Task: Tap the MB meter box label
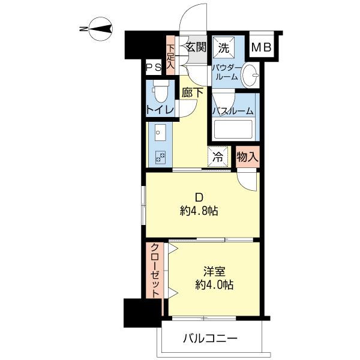[x=262, y=47]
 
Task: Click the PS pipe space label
[x=154, y=67]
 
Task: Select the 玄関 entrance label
[x=196, y=47]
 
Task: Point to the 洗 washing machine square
[x=224, y=48]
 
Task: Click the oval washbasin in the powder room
[x=250, y=75]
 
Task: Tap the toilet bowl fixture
[x=161, y=92]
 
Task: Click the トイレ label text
[x=160, y=110]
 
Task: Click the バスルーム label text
[x=232, y=111]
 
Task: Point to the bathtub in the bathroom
[x=233, y=129]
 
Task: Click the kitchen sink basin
[x=160, y=133]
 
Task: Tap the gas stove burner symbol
[x=160, y=157]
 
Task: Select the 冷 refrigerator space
[x=218, y=157]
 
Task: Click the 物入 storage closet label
[x=247, y=157]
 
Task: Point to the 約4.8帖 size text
[x=199, y=211]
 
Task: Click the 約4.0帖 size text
[x=214, y=285]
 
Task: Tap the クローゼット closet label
[x=155, y=270]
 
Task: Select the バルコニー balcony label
[x=209, y=338]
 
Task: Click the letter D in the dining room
[x=199, y=197]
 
